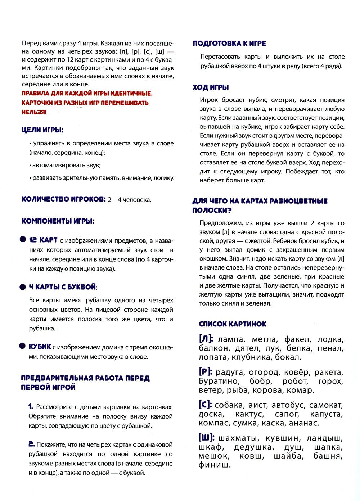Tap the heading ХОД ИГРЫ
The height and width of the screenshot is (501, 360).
tap(211, 87)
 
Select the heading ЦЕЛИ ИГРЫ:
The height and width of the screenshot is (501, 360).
tap(42, 130)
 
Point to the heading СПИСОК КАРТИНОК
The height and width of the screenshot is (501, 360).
tap(233, 324)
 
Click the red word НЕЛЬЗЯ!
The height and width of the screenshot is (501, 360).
tap(34, 112)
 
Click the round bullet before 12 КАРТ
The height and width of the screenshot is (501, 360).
tap(23, 240)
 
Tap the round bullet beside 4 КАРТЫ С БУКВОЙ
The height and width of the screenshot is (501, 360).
tap(23, 287)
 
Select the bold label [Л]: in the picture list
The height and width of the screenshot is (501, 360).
tap(206, 339)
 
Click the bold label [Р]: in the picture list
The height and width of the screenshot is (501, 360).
tap(206, 372)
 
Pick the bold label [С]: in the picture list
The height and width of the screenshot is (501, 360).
tap(206, 405)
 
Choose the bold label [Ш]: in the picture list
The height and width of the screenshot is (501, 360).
tap(207, 438)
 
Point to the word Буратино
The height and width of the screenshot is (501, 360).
tap(219, 381)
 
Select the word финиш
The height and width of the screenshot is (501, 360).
tap(215, 465)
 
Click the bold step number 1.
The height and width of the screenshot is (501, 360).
tap(31, 407)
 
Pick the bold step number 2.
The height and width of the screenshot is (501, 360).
tap(31, 444)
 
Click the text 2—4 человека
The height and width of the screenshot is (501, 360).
tap(129, 200)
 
